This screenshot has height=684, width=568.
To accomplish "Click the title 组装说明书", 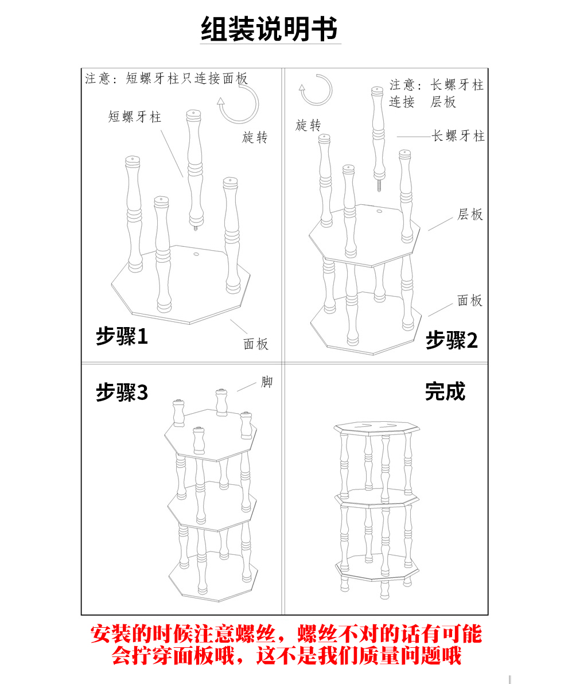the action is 270,28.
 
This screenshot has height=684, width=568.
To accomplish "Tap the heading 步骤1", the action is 122,336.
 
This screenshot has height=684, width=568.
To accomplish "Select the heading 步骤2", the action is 452,341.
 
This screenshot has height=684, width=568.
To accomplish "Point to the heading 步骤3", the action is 122,392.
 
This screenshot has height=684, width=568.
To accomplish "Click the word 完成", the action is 445,391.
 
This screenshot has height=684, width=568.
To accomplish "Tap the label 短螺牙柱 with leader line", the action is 135,117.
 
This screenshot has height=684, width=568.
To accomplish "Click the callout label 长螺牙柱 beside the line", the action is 458,136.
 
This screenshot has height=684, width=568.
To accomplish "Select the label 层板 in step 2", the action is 470,215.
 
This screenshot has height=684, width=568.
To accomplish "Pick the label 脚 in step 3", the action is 267,382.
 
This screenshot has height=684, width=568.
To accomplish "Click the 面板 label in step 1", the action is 256,344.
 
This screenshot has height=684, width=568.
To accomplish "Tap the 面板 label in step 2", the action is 470,301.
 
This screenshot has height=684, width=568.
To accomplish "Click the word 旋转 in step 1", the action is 255,138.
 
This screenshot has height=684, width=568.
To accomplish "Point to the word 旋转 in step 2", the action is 308,126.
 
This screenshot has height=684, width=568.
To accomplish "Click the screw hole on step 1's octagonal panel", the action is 196,253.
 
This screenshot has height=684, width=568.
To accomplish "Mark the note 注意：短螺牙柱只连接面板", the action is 166,79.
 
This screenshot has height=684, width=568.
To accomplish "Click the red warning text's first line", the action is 286,634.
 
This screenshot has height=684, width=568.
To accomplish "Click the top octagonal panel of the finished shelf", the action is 378,427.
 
